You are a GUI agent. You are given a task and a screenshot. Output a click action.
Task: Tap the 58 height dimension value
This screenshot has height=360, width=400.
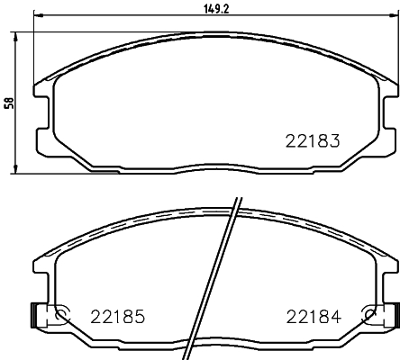(9, 102)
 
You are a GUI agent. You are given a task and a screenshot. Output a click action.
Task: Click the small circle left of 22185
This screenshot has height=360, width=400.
(63, 315)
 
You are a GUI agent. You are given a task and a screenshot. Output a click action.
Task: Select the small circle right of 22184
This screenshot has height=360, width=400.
(368, 315)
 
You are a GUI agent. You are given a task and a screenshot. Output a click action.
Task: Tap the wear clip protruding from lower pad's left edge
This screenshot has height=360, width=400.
(36, 315)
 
